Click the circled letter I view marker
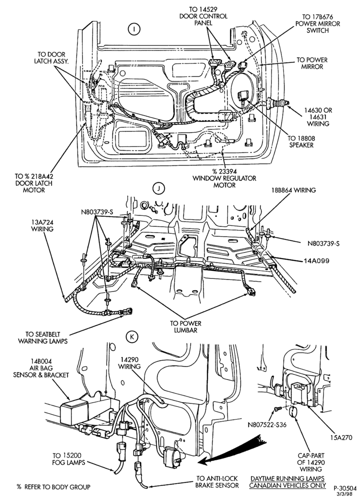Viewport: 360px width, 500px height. pyautogui.click(x=134, y=29)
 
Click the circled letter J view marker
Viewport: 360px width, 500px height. pyautogui.click(x=158, y=188)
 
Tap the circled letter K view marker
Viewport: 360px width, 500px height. pyautogui.click(x=131, y=336)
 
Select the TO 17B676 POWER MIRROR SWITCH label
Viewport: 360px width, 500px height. pyautogui.click(x=317, y=23)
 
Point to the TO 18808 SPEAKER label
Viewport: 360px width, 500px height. pyautogui.click(x=301, y=141)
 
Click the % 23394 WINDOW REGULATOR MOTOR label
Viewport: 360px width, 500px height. pyautogui.click(x=224, y=178)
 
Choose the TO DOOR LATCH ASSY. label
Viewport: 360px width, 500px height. pyautogui.click(x=51, y=57)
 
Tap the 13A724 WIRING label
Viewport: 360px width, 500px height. pyautogui.click(x=42, y=225)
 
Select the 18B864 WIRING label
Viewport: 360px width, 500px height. pyautogui.click(x=293, y=190)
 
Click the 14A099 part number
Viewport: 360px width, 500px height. pyautogui.click(x=316, y=260)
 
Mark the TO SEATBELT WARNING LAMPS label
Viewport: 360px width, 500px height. pyautogui.click(x=42, y=337)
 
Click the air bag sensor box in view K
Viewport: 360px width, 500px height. pyautogui.click(x=75, y=412)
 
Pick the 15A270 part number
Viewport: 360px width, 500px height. pyautogui.click(x=339, y=437)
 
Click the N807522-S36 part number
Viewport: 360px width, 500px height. pyautogui.click(x=267, y=424)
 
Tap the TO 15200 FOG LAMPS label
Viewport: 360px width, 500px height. pyautogui.click(x=68, y=458)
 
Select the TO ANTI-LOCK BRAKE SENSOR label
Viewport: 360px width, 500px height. pyautogui.click(x=217, y=482)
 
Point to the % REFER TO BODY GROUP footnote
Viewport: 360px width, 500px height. pyautogui.click(x=53, y=487)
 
